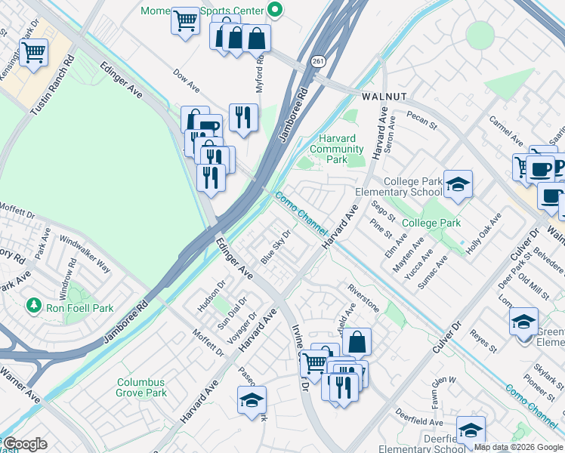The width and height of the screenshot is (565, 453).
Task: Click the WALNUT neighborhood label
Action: [x=384, y=97]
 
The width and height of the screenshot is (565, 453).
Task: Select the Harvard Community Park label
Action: [x=337, y=149]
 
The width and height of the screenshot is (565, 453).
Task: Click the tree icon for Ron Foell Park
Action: [x=33, y=305]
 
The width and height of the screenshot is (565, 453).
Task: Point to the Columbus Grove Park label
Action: [x=141, y=388]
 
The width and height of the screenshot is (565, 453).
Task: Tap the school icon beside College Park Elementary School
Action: [x=457, y=183]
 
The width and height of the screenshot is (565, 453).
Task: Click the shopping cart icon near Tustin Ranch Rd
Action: [x=33, y=54]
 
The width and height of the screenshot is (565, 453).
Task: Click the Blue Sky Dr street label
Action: [x=276, y=247]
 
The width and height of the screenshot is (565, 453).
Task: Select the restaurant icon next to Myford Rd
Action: [x=242, y=117]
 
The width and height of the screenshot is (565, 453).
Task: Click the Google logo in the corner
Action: [x=25, y=444]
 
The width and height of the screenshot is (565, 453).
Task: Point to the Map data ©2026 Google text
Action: [x=518, y=447]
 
